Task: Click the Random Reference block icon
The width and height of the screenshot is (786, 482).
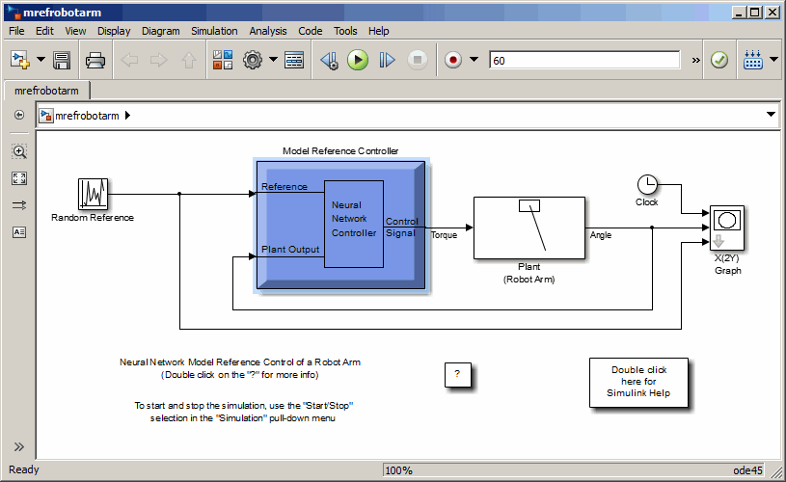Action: pos(93,194)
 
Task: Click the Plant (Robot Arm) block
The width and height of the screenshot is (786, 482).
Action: pos(529,228)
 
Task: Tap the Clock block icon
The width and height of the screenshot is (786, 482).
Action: pos(647,184)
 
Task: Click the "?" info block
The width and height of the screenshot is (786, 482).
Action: pos(457,374)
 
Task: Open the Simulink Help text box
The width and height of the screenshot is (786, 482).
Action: pos(637,383)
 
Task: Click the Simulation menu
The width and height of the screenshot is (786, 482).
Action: pos(214,31)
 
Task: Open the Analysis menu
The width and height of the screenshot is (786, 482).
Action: pos(268,31)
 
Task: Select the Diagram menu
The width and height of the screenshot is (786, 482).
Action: pos(160,31)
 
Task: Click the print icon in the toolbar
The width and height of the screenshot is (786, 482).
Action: pos(95,60)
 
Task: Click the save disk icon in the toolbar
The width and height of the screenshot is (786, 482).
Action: pos(62,60)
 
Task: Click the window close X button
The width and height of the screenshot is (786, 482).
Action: pos(772,12)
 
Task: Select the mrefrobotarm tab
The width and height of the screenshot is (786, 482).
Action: pos(46,91)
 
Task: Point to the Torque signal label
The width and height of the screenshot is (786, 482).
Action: pos(445,235)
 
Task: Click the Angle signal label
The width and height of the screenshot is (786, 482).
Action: pos(600,235)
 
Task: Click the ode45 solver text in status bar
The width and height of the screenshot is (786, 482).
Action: pos(748,470)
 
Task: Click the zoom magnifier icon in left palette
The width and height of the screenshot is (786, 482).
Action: pos(19,151)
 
